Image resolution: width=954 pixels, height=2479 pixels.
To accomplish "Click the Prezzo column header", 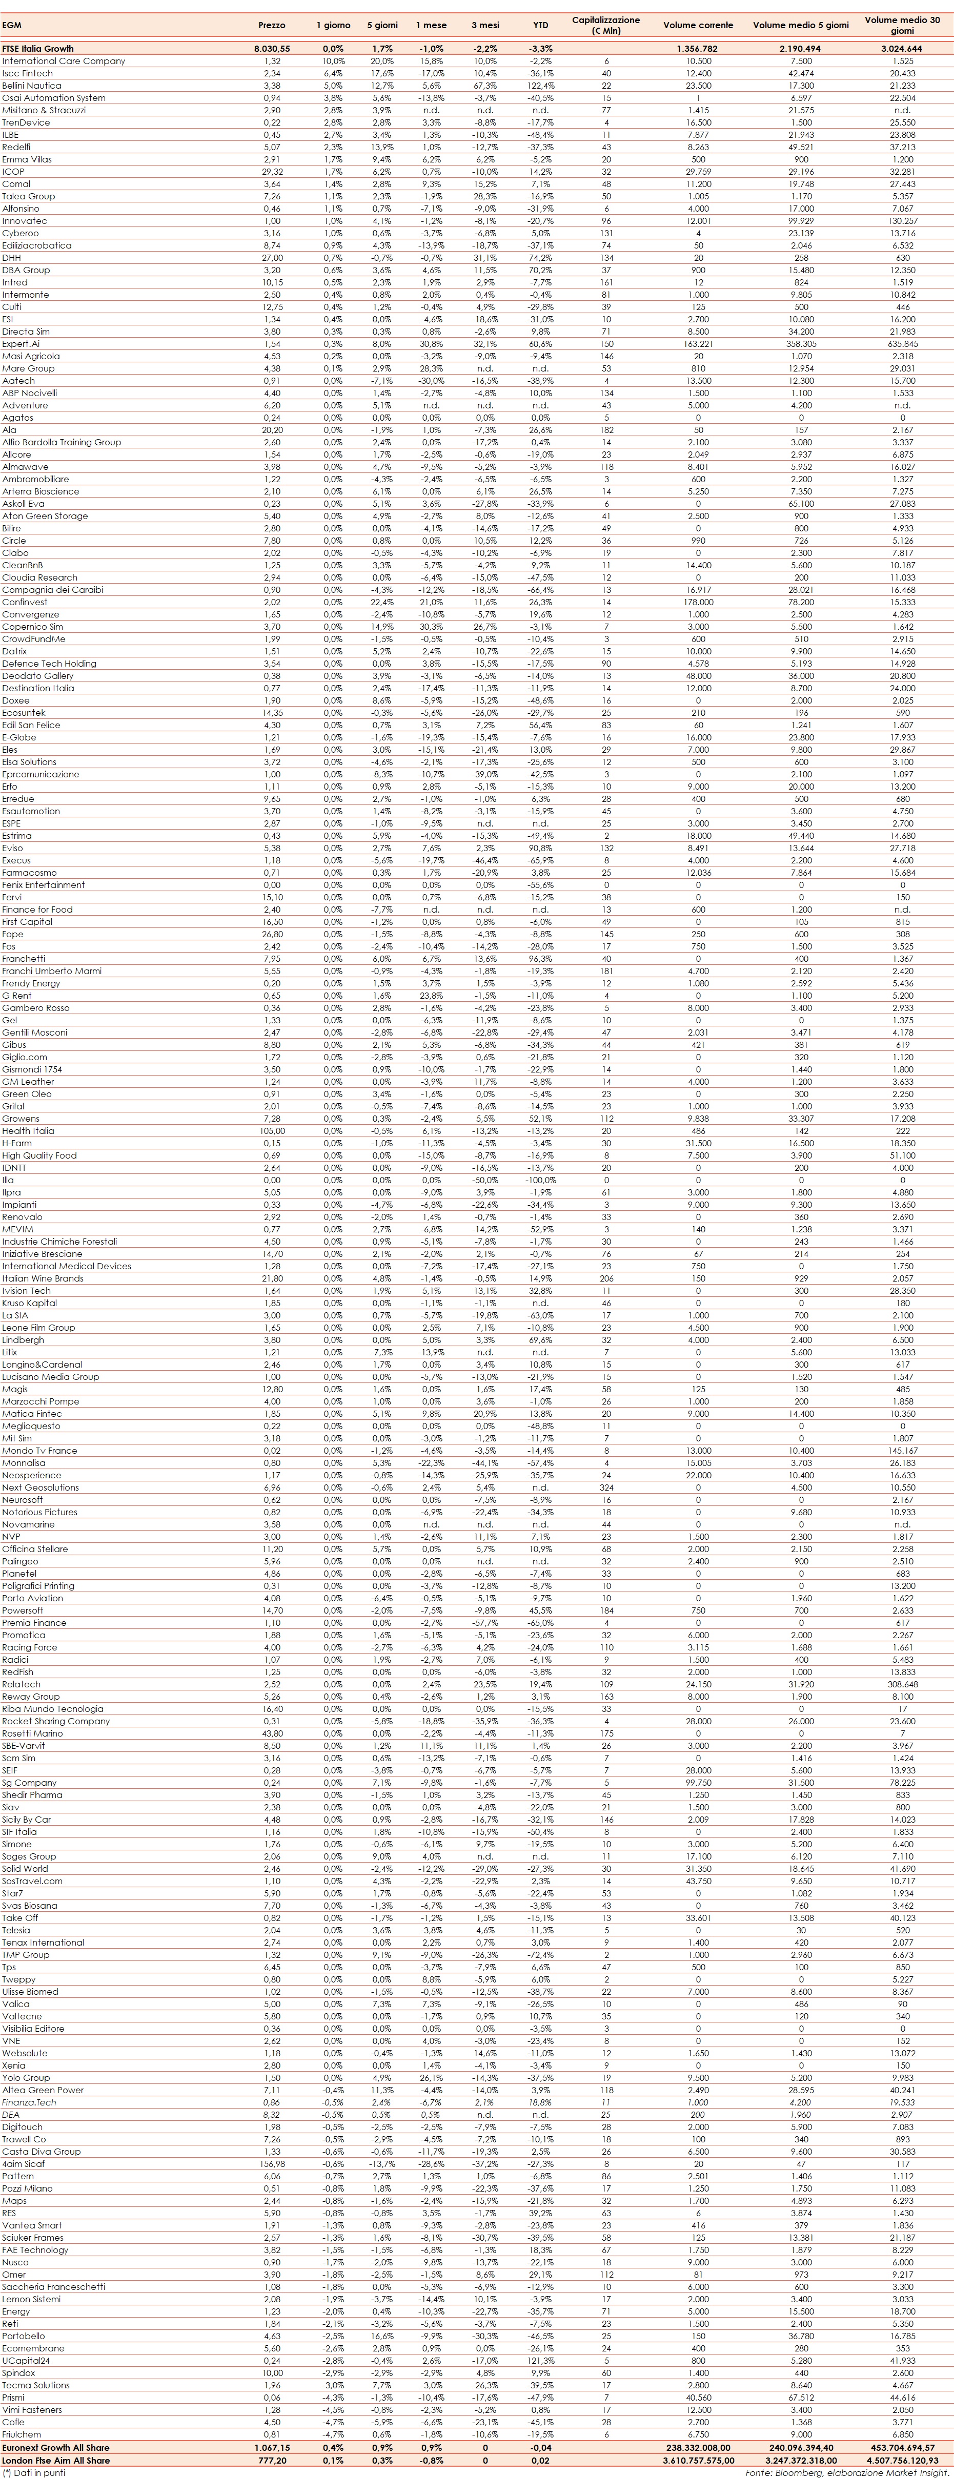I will point(272,25).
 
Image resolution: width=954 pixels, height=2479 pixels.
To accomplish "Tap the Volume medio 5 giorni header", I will point(801,25).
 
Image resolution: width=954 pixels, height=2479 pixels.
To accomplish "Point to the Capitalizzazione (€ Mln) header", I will point(605,25).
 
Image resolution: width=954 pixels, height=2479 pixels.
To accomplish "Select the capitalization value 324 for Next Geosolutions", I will point(605,1487).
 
